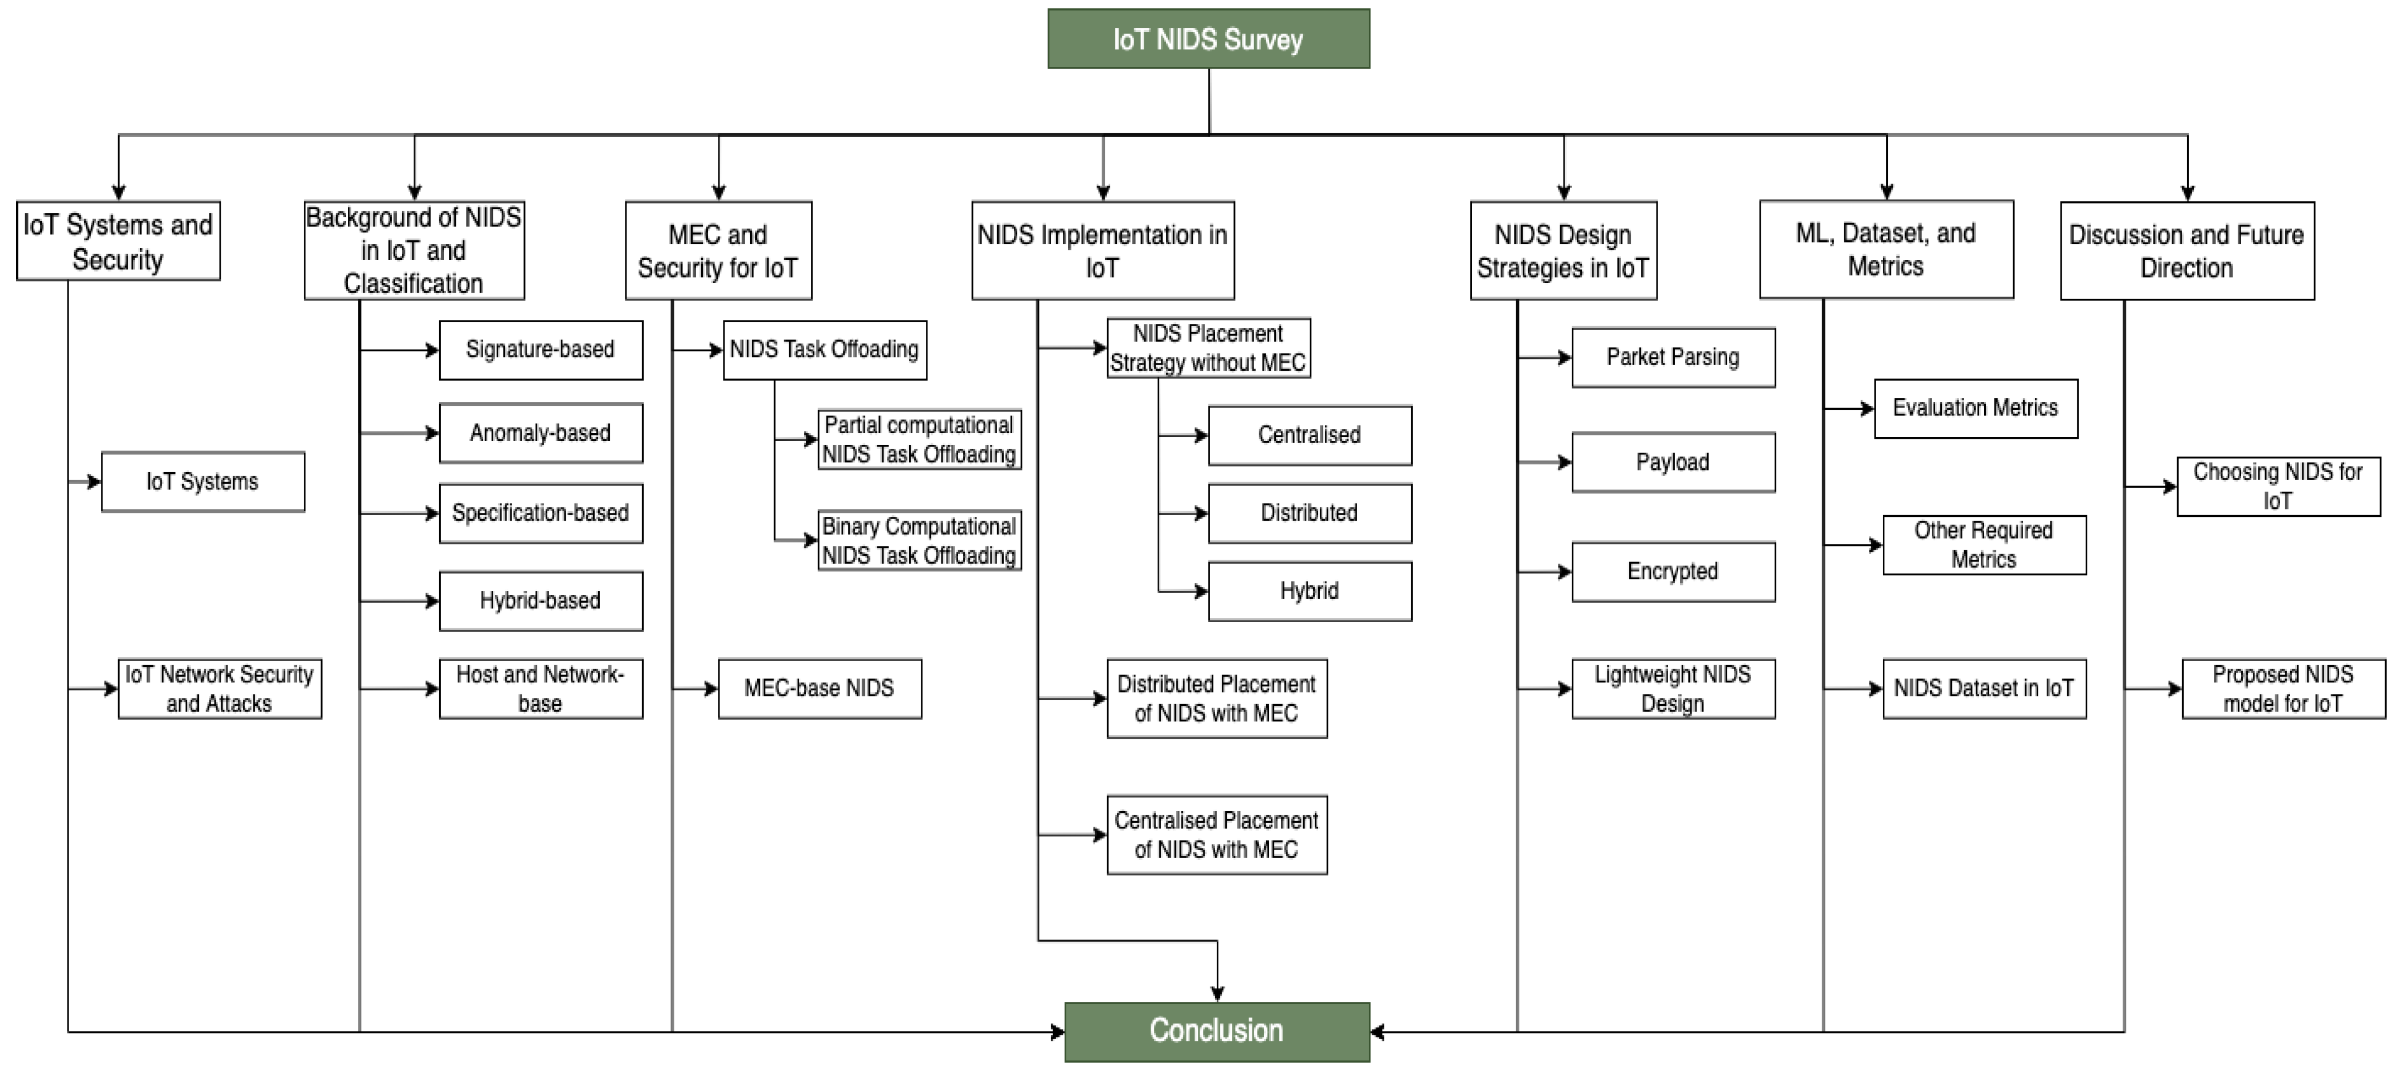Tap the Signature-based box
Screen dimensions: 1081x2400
[x=541, y=351]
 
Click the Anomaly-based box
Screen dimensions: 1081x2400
[x=541, y=433]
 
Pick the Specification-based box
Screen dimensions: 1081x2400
[x=541, y=513]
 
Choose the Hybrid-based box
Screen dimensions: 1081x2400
[x=541, y=601]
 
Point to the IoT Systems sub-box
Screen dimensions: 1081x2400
[x=202, y=482]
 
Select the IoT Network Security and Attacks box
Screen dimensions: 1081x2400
[x=219, y=689]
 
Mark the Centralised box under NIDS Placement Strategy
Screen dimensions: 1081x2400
[x=1309, y=435]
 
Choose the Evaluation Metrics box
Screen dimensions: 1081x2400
[x=1975, y=408]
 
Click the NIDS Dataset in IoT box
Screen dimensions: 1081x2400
[x=1984, y=689]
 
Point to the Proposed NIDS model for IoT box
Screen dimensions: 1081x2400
[x=2282, y=689]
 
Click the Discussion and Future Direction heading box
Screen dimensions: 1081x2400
[x=2186, y=251]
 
